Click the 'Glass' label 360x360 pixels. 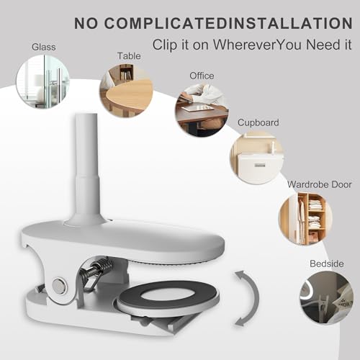coord(44,47)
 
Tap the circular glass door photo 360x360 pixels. coord(42,81)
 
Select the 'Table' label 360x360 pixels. coord(129,56)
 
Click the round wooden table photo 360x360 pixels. coord(126,91)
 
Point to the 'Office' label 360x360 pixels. coord(202,76)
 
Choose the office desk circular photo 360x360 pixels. coord(202,110)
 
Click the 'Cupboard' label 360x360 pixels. coord(258,123)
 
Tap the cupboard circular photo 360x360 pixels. coord(257,158)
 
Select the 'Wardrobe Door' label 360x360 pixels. coord(320,184)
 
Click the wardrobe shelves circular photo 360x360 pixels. coord(305,219)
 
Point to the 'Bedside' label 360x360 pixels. coord(327,264)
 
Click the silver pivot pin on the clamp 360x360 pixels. coord(59,285)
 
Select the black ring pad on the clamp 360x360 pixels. coord(167,294)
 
